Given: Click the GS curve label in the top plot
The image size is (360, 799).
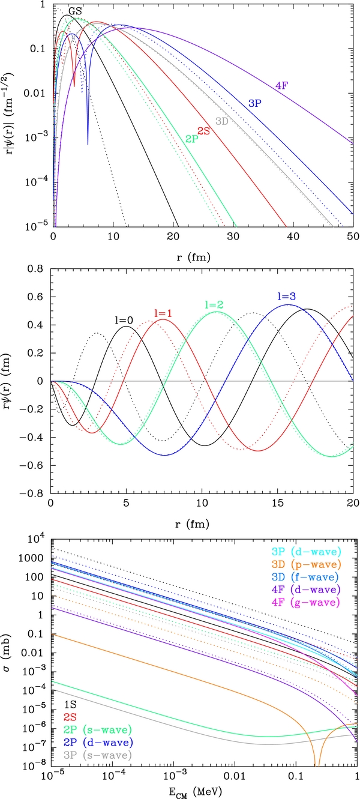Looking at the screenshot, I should tap(75, 11).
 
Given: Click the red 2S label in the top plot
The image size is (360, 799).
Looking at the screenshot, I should tap(203, 131).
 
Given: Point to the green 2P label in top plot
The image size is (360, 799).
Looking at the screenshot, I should tap(192, 139).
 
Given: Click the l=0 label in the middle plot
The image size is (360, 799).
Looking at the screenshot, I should tap(123, 321).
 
